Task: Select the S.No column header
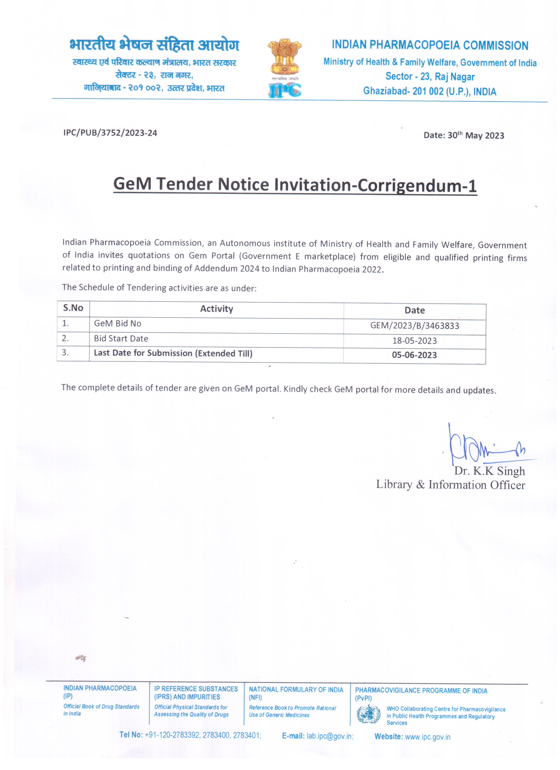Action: pos(73,308)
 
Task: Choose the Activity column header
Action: pos(216,309)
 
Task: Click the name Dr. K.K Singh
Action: pos(489,471)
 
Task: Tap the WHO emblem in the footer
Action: pos(368,714)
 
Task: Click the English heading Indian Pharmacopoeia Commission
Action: pos(430,45)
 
